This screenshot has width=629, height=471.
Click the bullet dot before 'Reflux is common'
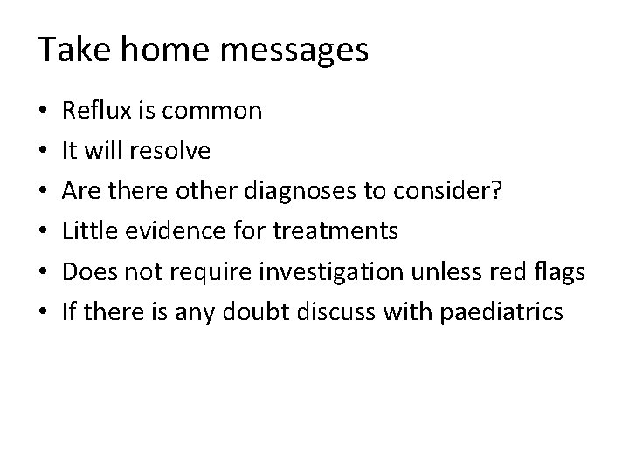point(43,112)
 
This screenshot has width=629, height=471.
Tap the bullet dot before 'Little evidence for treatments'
point(43,232)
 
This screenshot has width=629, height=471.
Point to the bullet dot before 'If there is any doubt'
point(43,312)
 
